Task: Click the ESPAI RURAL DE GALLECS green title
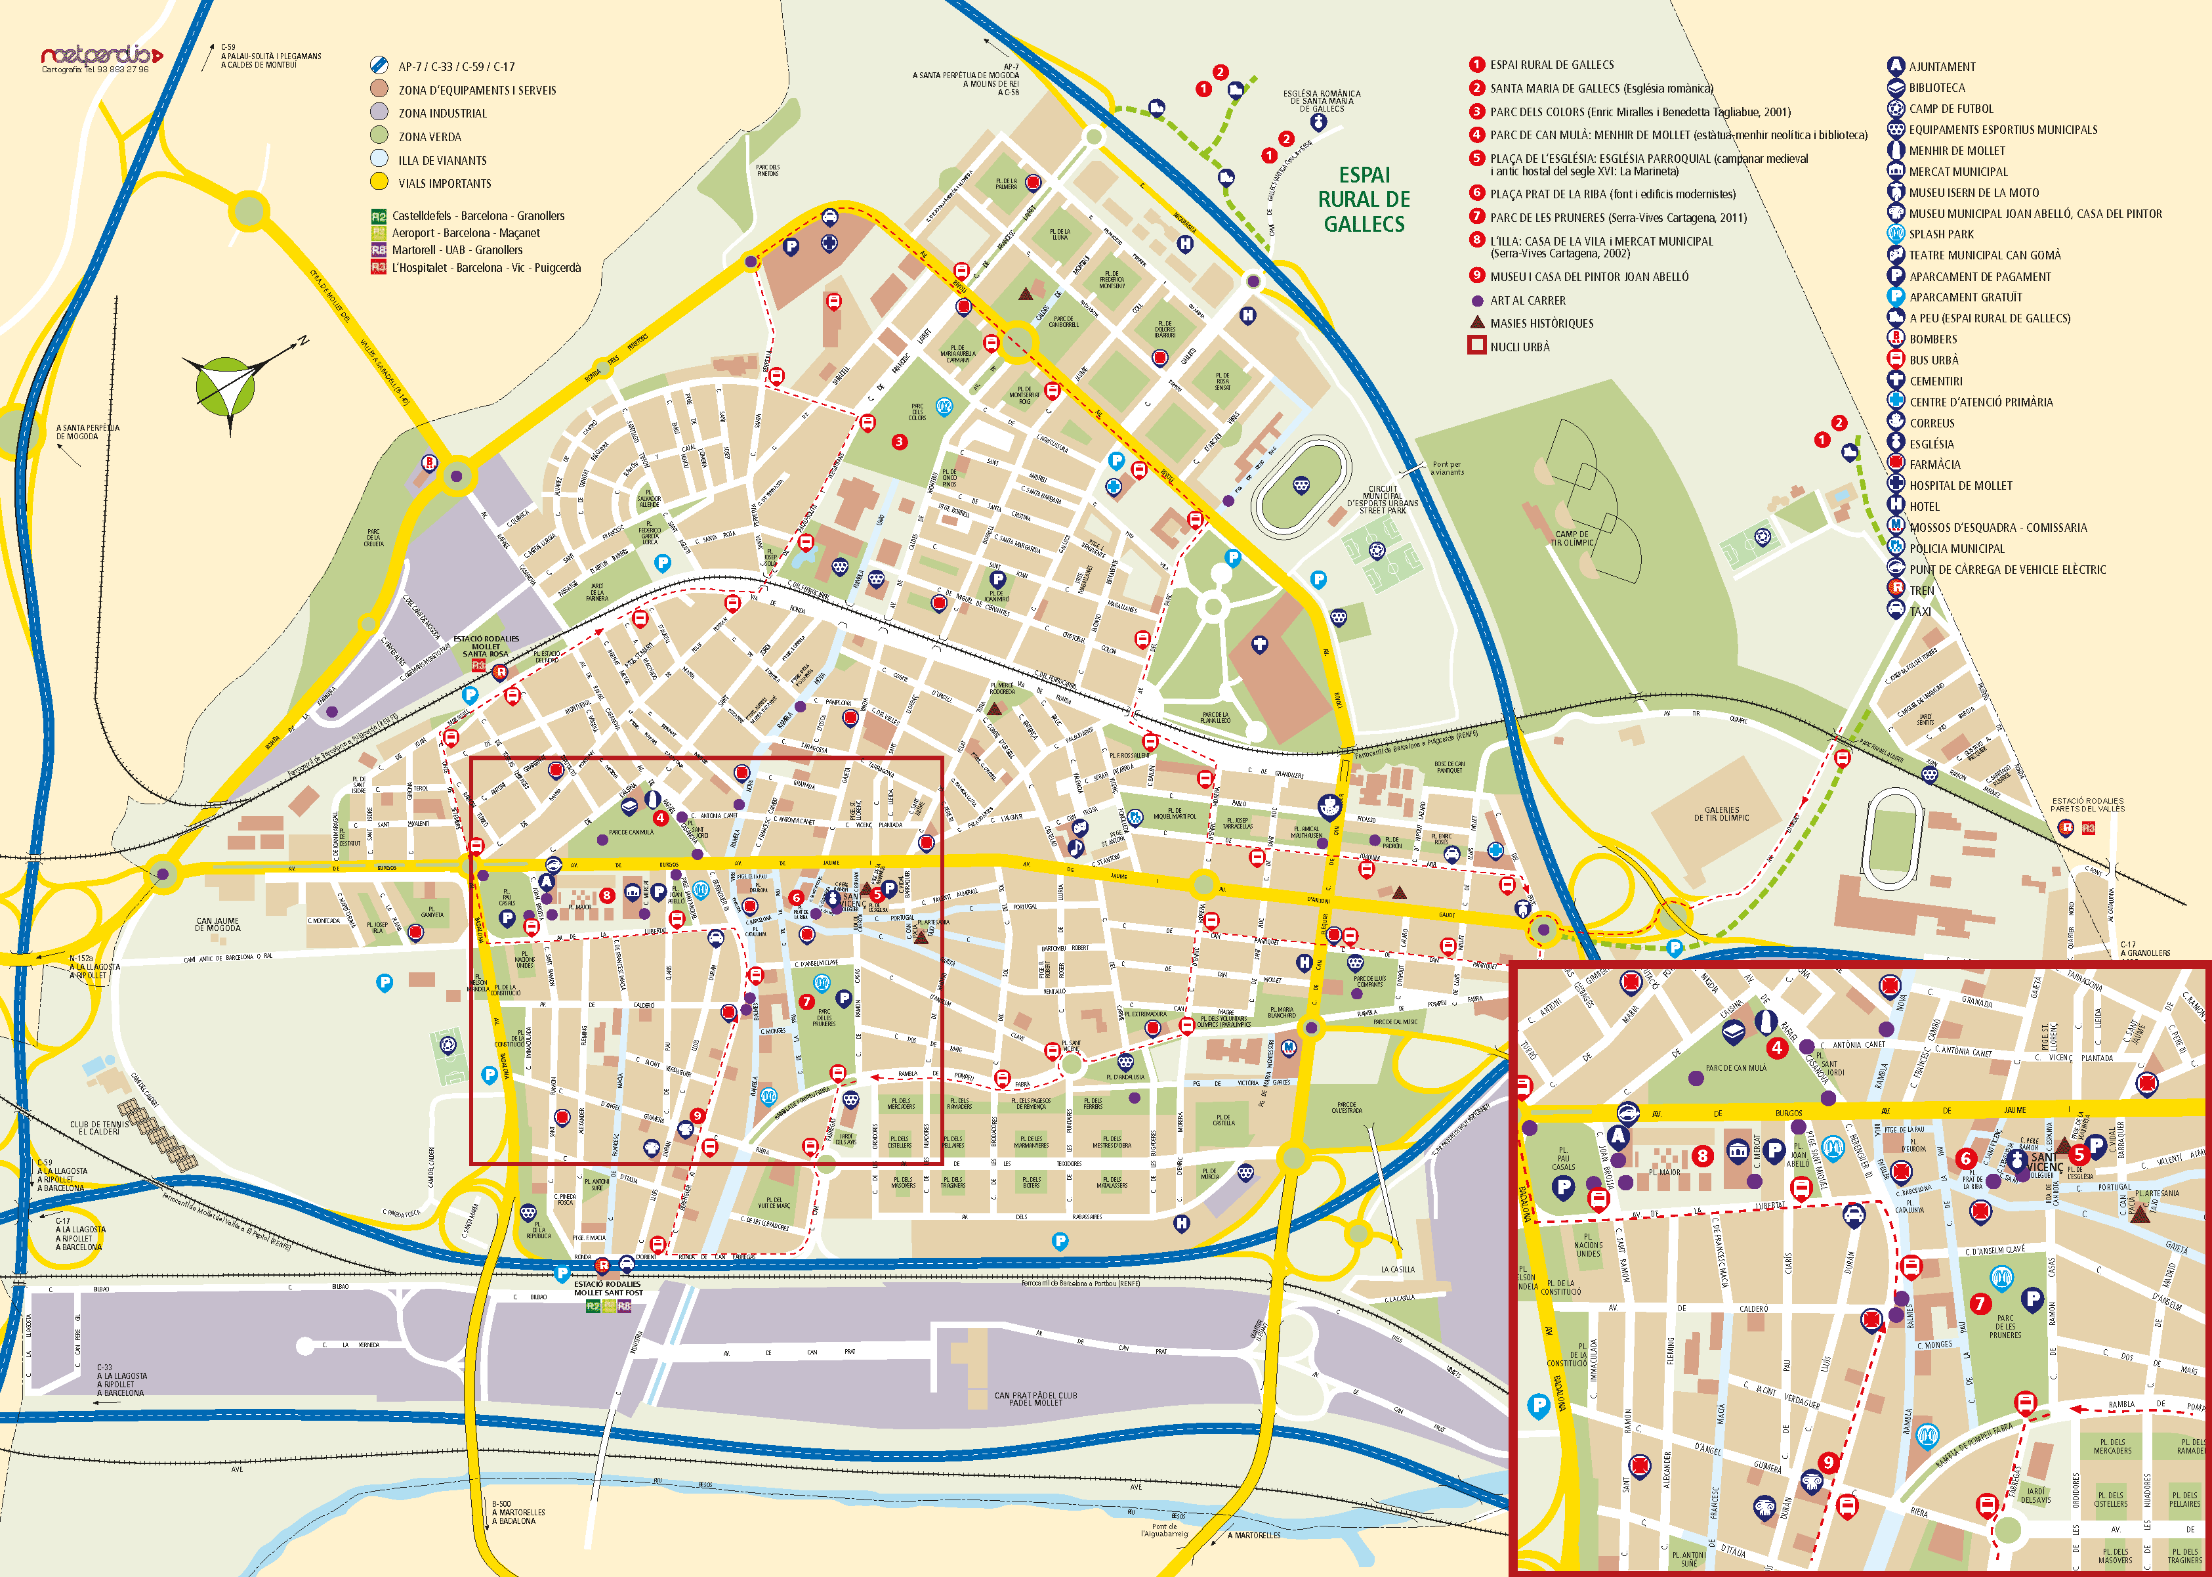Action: point(1364,199)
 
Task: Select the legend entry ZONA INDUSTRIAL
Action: point(442,114)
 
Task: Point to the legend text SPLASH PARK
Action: point(1941,234)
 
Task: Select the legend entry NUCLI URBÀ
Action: point(1519,347)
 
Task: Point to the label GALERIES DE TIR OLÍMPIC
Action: point(1722,813)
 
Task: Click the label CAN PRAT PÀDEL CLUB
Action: point(1035,1398)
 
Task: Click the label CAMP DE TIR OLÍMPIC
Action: point(1572,538)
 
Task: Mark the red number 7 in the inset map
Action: point(1980,1304)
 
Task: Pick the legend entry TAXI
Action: point(1920,611)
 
